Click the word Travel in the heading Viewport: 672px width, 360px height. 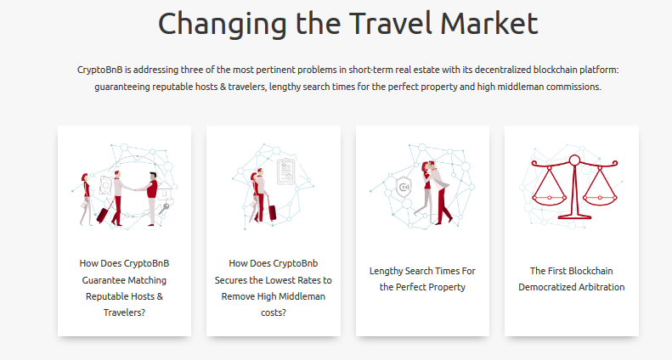click(389, 23)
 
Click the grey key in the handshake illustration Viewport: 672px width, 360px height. click(164, 209)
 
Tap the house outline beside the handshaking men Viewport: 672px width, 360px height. click(165, 191)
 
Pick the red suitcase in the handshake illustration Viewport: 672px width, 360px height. click(104, 214)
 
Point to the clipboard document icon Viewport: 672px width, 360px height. click(286, 172)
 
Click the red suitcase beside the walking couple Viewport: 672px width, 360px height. click(272, 212)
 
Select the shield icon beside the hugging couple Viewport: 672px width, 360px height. click(404, 188)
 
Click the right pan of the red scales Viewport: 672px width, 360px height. click(600, 199)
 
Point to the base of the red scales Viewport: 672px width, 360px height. click(574, 214)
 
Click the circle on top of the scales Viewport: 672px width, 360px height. click(574, 160)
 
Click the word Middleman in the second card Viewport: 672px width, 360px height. click(303, 296)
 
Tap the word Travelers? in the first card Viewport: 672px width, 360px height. click(124, 312)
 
